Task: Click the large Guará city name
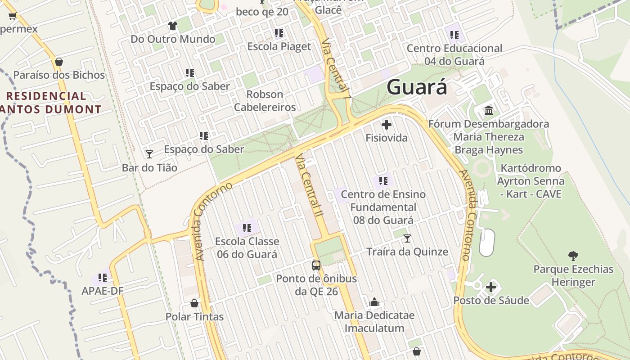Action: point(417,87)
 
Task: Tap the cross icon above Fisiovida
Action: point(386,125)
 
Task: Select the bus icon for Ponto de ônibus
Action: point(316,265)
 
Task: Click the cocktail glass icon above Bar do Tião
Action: point(149,154)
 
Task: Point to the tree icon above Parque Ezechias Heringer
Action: point(573,256)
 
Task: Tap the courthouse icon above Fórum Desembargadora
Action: point(489,110)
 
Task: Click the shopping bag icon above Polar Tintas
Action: point(194,303)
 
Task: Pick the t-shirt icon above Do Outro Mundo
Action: point(173,26)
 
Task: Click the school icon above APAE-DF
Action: point(103,277)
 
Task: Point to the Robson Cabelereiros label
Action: point(265,101)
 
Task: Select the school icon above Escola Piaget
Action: point(279,33)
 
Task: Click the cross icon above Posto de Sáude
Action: point(491,287)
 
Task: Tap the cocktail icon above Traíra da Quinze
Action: point(407,238)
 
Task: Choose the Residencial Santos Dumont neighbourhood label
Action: point(49,103)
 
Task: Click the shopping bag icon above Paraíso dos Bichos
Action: point(59,62)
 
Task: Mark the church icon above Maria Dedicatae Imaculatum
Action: point(374,302)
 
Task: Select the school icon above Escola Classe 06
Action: point(247,228)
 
